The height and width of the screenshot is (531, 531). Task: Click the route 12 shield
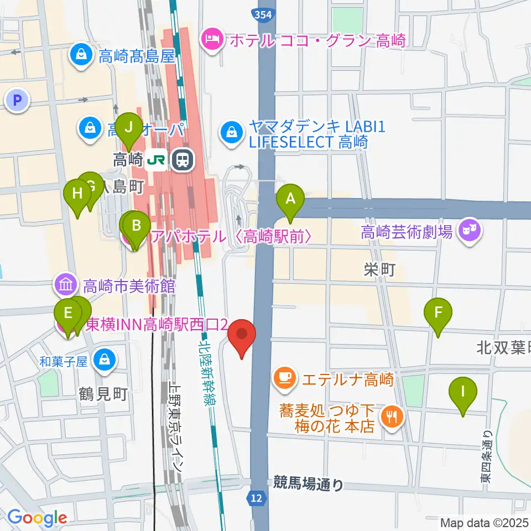[x=255, y=499]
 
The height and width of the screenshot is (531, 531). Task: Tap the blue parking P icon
[x=18, y=101]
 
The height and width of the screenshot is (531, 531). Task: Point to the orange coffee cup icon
[x=285, y=378]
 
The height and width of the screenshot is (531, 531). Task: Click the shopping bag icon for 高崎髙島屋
[x=81, y=54]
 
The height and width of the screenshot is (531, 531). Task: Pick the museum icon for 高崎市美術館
[x=66, y=285]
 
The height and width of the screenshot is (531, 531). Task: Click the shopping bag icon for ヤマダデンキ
[x=229, y=132]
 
